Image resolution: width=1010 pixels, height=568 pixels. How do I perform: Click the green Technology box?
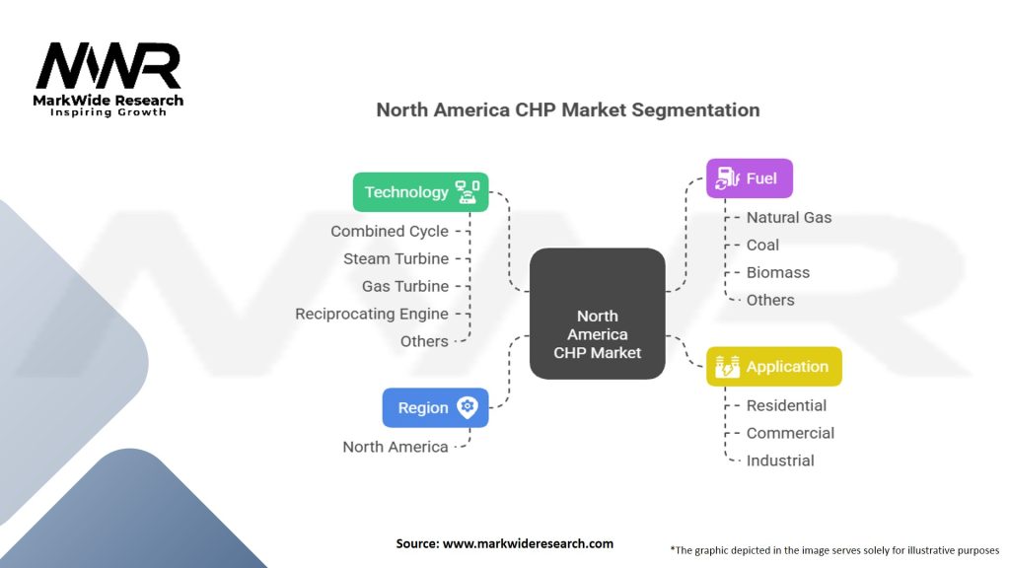click(x=421, y=192)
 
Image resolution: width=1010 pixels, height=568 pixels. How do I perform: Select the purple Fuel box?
click(x=750, y=178)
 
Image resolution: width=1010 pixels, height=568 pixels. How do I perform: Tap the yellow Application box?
click(x=774, y=367)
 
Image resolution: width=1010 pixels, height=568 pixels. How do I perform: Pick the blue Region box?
click(x=435, y=407)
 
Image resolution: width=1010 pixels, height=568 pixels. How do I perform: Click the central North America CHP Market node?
click(x=598, y=314)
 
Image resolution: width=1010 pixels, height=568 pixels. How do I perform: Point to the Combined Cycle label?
click(x=390, y=231)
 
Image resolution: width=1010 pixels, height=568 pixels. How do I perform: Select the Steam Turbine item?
click(x=396, y=258)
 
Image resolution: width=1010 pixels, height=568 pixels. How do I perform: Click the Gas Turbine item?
click(x=404, y=286)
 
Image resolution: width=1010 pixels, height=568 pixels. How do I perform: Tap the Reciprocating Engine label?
click(x=372, y=314)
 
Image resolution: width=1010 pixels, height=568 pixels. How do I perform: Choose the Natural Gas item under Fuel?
click(x=789, y=217)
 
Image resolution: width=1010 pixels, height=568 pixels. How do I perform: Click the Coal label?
click(x=762, y=245)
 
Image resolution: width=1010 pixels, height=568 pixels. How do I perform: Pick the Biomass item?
click(x=778, y=272)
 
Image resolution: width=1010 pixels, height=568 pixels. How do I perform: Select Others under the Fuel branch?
click(x=770, y=300)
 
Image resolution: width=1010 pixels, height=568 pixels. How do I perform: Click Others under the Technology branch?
click(x=424, y=341)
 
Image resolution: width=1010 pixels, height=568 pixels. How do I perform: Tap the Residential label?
click(x=786, y=405)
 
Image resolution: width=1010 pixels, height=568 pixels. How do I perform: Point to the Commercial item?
click(x=790, y=433)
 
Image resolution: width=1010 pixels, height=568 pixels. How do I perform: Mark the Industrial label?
click(x=780, y=461)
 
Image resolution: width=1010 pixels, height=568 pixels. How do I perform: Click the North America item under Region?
click(x=396, y=447)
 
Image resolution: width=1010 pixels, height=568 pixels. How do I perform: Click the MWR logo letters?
click(x=108, y=67)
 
